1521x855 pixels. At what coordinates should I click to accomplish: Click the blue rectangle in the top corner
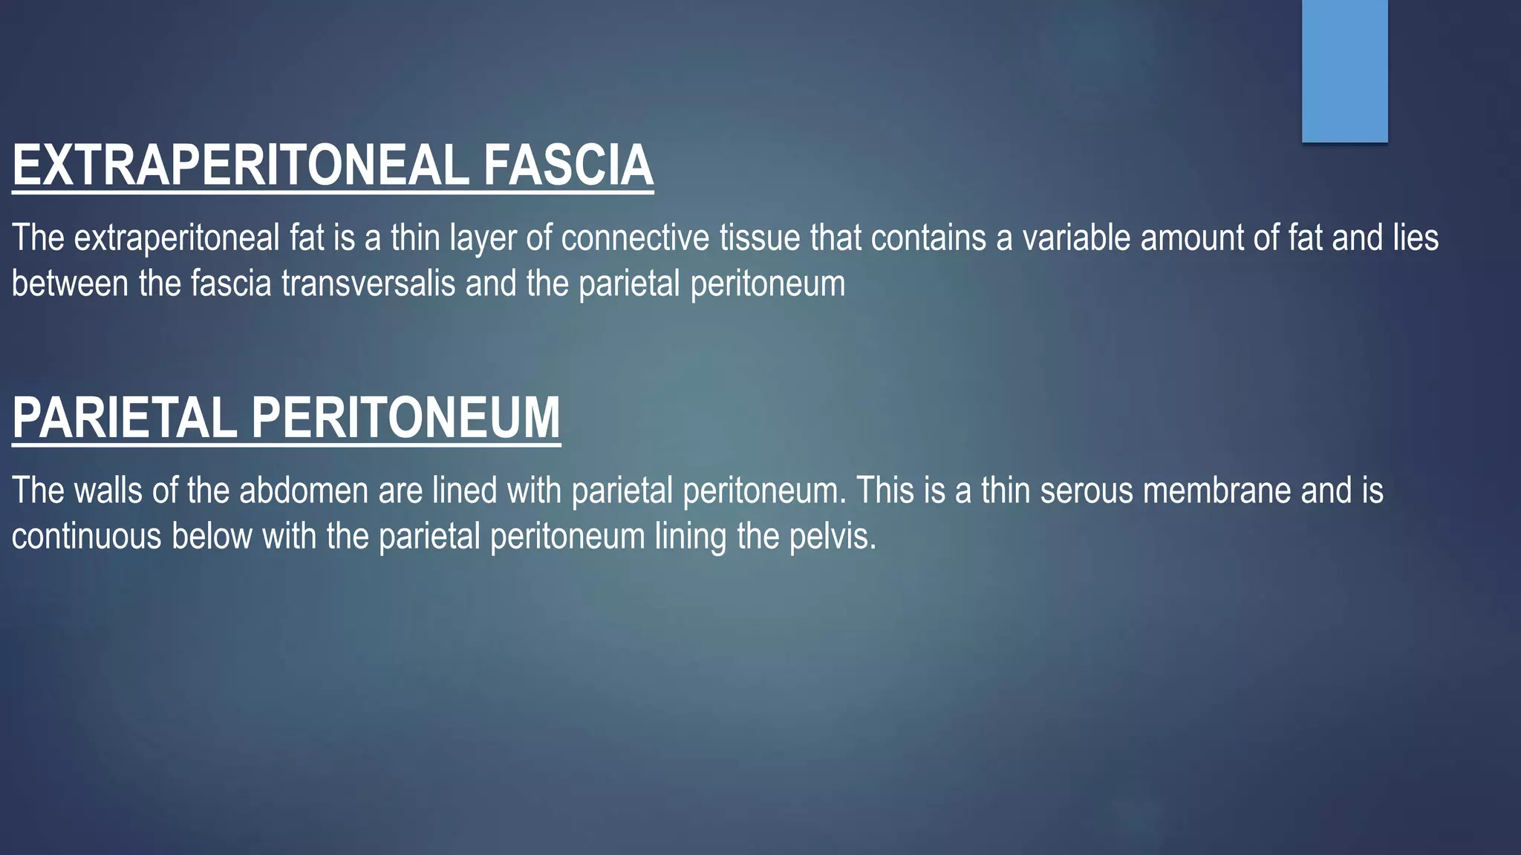[1344, 71]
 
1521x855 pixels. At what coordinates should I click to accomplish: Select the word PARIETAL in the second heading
[125, 418]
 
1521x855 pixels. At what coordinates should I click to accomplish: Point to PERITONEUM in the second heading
[406, 418]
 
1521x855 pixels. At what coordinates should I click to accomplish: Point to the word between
[70, 284]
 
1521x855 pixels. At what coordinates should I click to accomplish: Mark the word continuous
[86, 536]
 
